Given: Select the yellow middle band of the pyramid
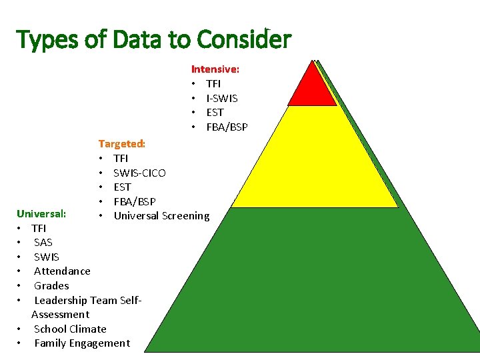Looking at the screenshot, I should pyautogui.click(x=313, y=160).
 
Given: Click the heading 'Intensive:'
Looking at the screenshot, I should pyautogui.click(x=215, y=69).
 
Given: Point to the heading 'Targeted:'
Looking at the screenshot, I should pyautogui.click(x=121, y=143).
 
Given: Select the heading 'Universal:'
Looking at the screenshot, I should pyautogui.click(x=41, y=214).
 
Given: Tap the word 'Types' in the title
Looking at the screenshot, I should pyautogui.click(x=48, y=40).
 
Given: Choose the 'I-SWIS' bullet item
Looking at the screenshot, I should pyautogui.click(x=222, y=98).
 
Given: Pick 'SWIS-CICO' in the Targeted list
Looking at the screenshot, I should pyautogui.click(x=139, y=173).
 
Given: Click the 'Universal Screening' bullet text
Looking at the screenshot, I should pyautogui.click(x=161, y=215).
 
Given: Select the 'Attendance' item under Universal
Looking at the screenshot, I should pyautogui.click(x=62, y=271).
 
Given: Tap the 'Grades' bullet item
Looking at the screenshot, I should pyautogui.click(x=51, y=285).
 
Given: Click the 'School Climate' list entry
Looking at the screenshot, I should pyautogui.click(x=70, y=329).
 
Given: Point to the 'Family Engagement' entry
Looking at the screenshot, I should pyautogui.click(x=82, y=343).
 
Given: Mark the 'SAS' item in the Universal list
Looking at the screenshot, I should pyautogui.click(x=43, y=242).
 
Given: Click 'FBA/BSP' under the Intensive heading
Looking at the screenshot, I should pyautogui.click(x=227, y=127).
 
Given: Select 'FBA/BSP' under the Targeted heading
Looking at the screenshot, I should pyautogui.click(x=134, y=201).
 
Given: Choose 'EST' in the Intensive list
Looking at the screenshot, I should pyautogui.click(x=215, y=113).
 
